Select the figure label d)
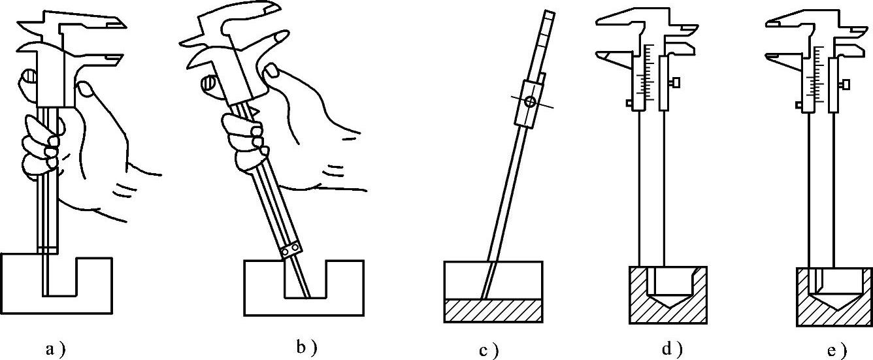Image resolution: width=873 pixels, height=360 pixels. (672, 349)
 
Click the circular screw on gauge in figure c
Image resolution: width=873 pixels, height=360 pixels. (531, 101)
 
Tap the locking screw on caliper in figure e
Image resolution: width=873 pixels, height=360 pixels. (845, 84)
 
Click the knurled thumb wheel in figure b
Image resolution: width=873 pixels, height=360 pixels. (210, 84)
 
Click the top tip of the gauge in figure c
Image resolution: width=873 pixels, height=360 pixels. (550, 14)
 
